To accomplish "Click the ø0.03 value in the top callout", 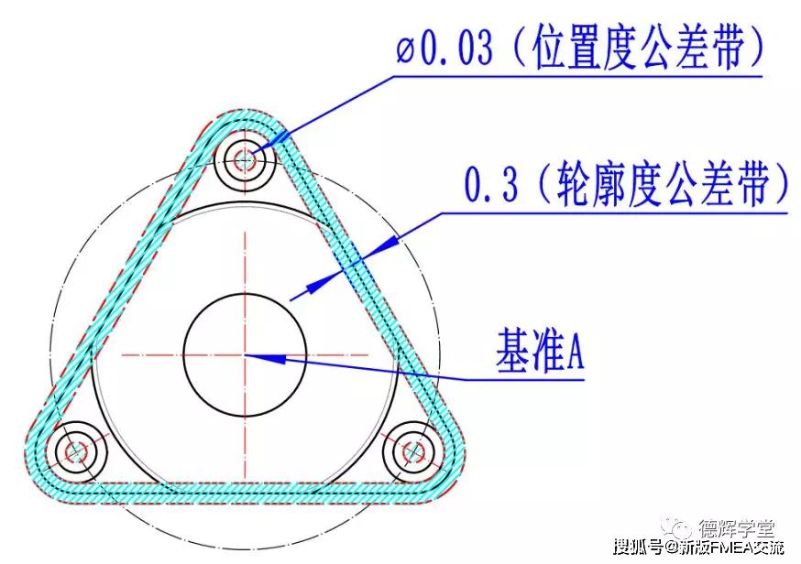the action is pyautogui.click(x=444, y=49).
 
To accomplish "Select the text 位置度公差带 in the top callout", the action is pyautogui.click(x=637, y=48).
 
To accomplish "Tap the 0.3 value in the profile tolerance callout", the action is pyautogui.click(x=491, y=183).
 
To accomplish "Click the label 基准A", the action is pyautogui.click(x=540, y=351).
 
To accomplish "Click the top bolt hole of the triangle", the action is pyautogui.click(x=246, y=159).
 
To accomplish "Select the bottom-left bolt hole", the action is pyautogui.click(x=77, y=451).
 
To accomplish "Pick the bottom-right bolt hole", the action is pyautogui.click(x=413, y=451).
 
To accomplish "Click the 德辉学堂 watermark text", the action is pyautogui.click(x=737, y=528).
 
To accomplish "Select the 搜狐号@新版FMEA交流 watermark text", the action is pyautogui.click(x=698, y=548).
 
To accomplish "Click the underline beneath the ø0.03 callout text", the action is pyautogui.click(x=578, y=77).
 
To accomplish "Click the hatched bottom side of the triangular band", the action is pyautogui.click(x=246, y=493).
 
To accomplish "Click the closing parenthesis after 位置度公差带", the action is pyautogui.click(x=755, y=49).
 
